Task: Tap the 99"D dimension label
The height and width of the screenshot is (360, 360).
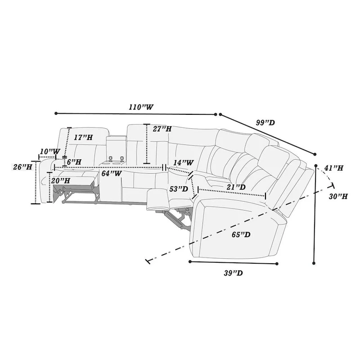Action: (x=265, y=123)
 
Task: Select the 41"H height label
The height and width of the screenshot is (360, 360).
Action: (x=333, y=168)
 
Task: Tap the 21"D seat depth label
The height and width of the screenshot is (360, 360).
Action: (x=236, y=187)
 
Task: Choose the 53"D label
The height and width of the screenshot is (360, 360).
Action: (x=179, y=189)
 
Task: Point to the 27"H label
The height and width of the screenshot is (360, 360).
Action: (x=162, y=129)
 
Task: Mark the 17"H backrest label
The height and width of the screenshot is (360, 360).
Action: (x=83, y=137)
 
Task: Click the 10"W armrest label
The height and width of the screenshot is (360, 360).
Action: (x=49, y=151)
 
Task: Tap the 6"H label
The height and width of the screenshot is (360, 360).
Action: (x=74, y=161)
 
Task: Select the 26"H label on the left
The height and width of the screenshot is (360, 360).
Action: (x=22, y=167)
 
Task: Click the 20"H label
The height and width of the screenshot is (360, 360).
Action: (x=61, y=180)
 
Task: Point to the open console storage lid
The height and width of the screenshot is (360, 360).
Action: (x=117, y=137)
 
